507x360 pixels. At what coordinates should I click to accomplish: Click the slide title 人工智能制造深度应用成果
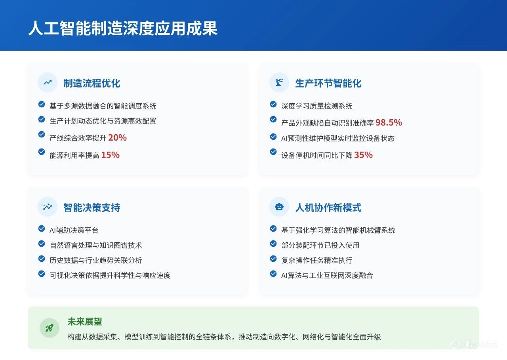pyautogui.click(x=123, y=29)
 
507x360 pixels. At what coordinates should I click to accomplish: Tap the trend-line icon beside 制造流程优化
pyautogui.click(x=48, y=82)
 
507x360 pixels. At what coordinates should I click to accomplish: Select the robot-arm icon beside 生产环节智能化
pyautogui.click(x=279, y=82)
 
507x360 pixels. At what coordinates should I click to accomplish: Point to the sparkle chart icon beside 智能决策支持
pyautogui.click(x=48, y=207)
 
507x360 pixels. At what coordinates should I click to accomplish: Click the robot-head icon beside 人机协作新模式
pyautogui.click(x=279, y=207)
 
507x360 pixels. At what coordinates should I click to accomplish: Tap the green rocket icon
pyautogui.click(x=50, y=328)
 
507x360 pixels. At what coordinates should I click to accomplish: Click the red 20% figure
pyautogui.click(x=117, y=138)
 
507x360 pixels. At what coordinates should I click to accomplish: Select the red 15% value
pyautogui.click(x=110, y=155)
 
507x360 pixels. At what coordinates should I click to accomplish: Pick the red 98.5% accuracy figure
pyautogui.click(x=389, y=123)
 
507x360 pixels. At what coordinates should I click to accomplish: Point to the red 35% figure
pyautogui.click(x=363, y=155)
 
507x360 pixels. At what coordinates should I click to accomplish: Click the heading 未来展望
pyautogui.click(x=85, y=322)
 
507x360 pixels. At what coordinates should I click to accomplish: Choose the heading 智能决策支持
pyautogui.click(x=92, y=208)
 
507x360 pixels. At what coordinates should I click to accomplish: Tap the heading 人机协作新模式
pyautogui.click(x=328, y=208)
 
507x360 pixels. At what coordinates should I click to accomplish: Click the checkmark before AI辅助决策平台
pyautogui.click(x=42, y=229)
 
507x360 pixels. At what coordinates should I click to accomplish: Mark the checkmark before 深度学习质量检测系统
pyautogui.click(x=273, y=104)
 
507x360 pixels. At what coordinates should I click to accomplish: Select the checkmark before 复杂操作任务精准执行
pyautogui.click(x=273, y=259)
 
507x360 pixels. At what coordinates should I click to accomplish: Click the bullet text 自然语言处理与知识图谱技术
pyautogui.click(x=96, y=246)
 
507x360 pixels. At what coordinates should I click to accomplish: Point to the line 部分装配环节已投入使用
pyautogui.click(x=320, y=246)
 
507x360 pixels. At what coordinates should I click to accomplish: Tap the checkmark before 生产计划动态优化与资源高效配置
pyautogui.click(x=42, y=119)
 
